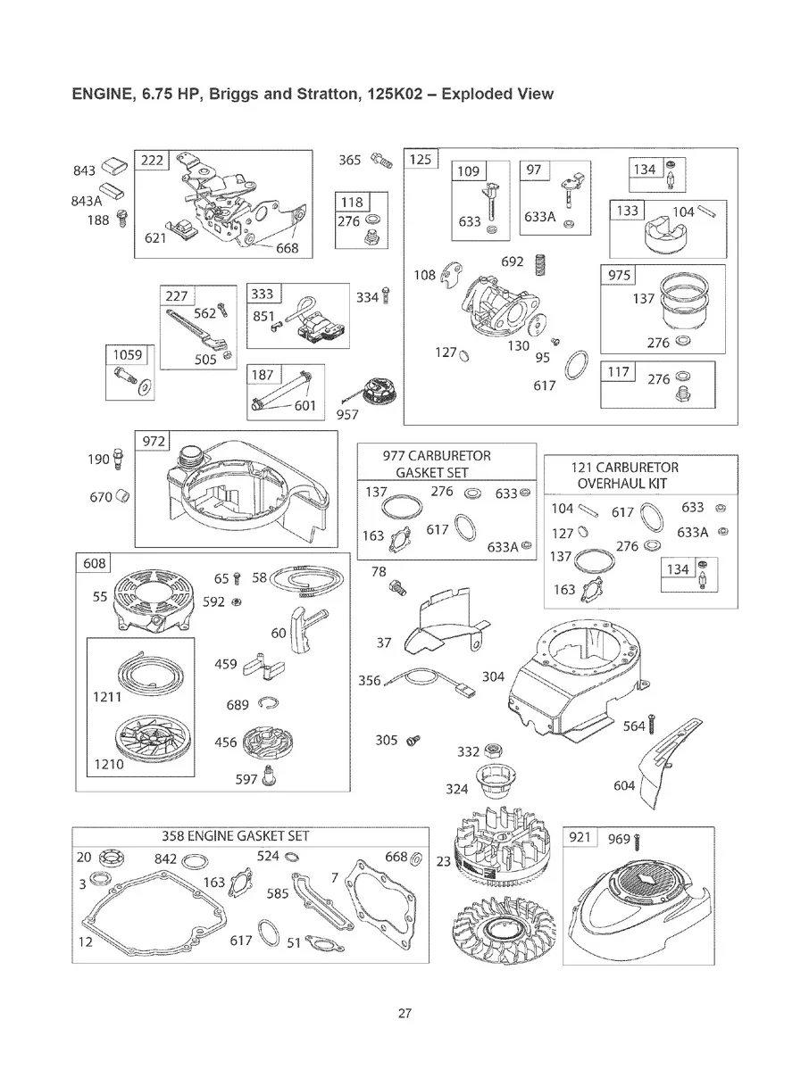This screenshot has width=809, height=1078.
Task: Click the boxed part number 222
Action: point(153,161)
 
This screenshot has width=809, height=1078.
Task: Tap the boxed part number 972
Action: point(154,441)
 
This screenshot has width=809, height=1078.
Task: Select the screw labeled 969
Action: point(639,841)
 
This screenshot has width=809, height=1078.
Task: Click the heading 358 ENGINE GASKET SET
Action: point(236,836)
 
